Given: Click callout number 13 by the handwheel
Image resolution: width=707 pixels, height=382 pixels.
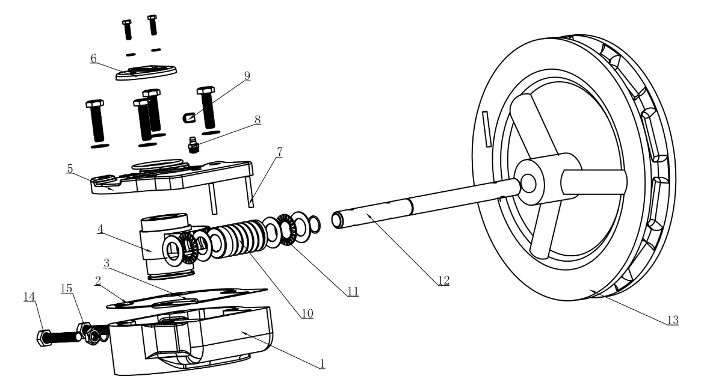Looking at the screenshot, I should [672, 319].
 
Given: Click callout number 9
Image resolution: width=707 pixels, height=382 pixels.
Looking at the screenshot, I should [247, 76].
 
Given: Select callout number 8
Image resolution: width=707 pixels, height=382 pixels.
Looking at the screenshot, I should [257, 119].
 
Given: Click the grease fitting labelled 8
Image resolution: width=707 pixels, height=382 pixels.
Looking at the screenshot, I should [193, 146].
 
